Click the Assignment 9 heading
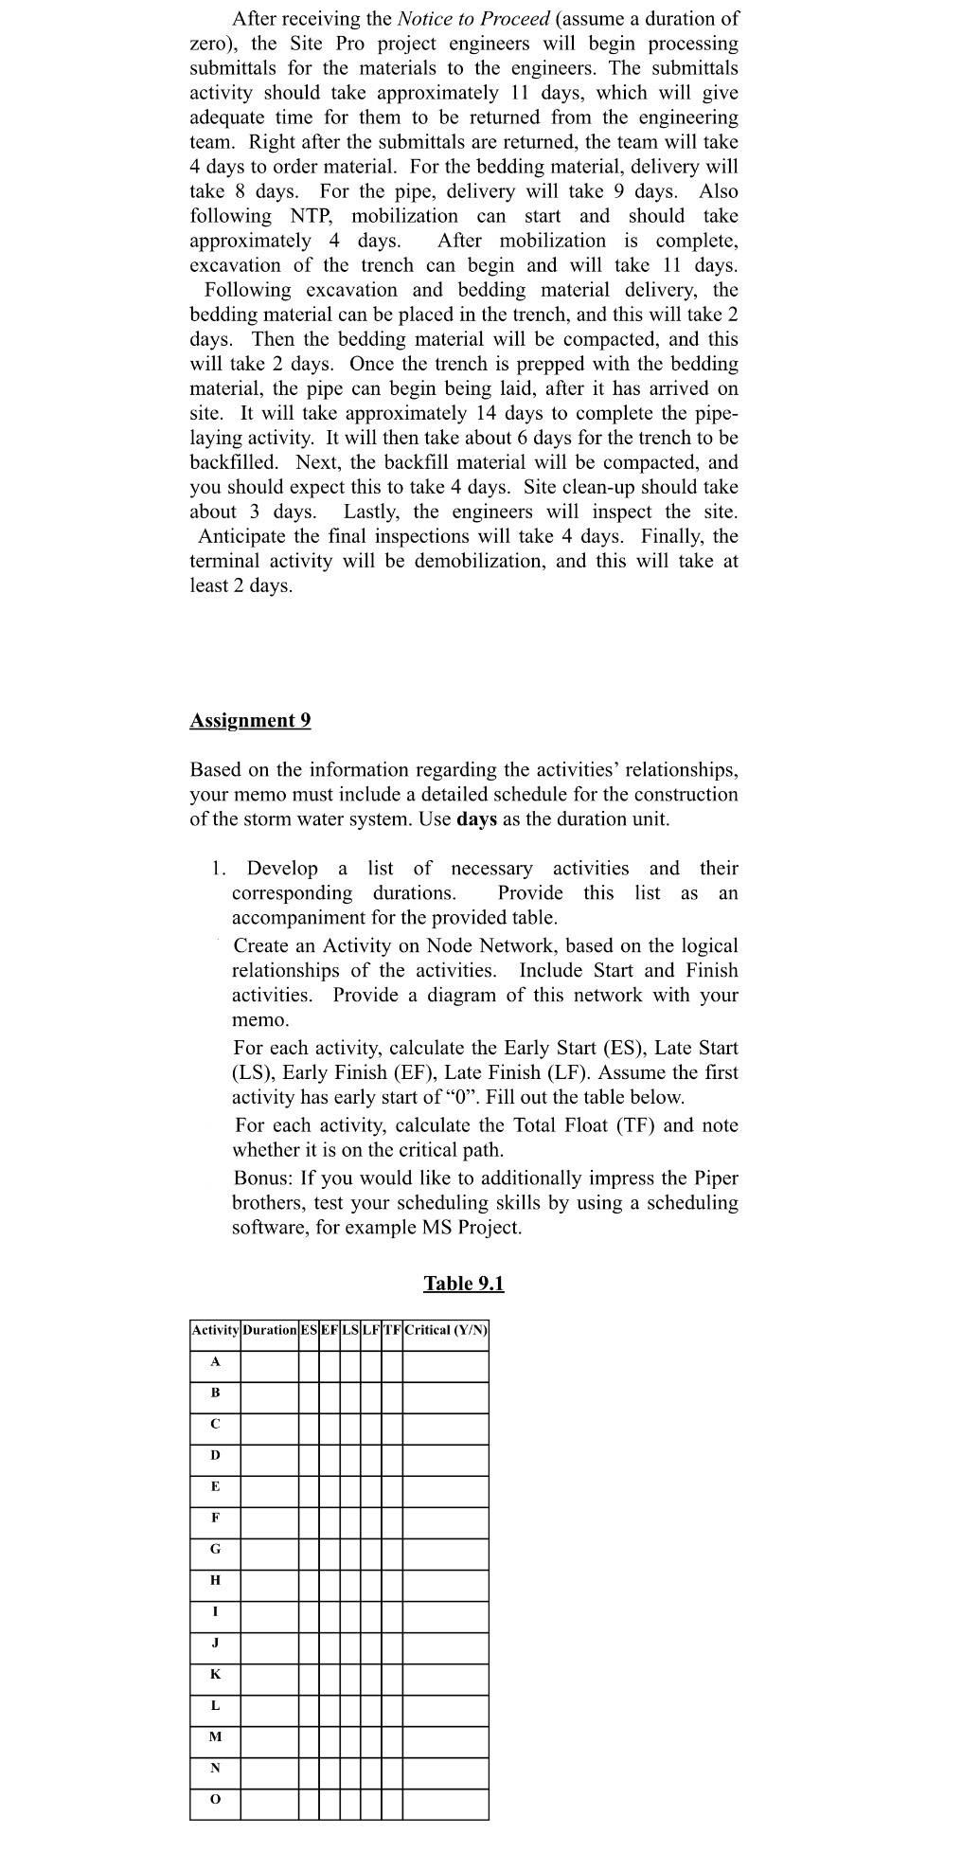250,720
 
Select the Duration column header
269,1330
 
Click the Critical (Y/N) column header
445,1330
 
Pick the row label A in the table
215,1361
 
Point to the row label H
215,1580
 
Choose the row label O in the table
215,1799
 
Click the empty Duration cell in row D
269,1455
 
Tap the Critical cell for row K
445,1674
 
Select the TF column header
392,1330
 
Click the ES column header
309,1330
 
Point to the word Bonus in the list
261,1178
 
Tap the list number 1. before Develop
219,869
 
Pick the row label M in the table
215,1736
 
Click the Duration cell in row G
269,1549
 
